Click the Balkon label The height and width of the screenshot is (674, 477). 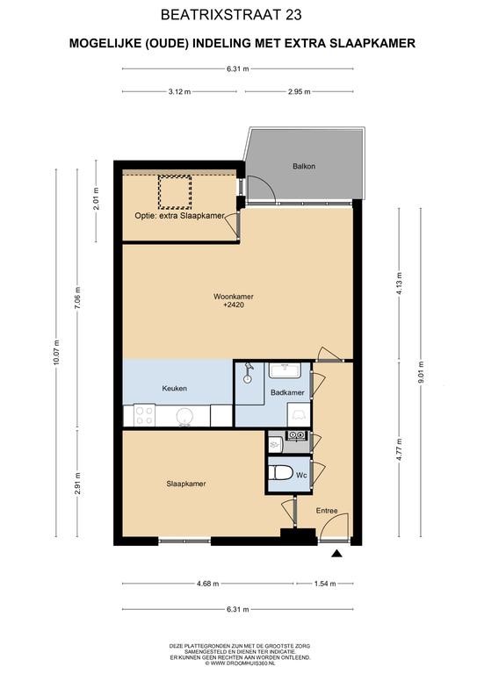pyautogui.click(x=304, y=166)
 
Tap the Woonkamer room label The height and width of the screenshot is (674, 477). pyautogui.click(x=233, y=297)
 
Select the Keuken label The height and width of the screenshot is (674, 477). pyautogui.click(x=174, y=388)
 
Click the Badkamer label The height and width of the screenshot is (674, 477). pyautogui.click(x=287, y=392)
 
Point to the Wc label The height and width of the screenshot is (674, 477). pyautogui.click(x=301, y=475)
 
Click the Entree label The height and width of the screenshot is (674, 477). pyautogui.click(x=327, y=511)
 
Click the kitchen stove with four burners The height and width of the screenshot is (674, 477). pyautogui.click(x=144, y=416)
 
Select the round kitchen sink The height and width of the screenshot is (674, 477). pyautogui.click(x=184, y=417)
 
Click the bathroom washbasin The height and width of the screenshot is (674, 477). pyautogui.click(x=285, y=370)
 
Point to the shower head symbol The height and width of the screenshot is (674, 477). pyautogui.click(x=248, y=373)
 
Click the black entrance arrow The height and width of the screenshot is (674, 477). pyautogui.click(x=336, y=554)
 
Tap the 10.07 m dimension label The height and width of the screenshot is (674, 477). pyautogui.click(x=56, y=353)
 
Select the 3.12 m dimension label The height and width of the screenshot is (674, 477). pyautogui.click(x=179, y=91)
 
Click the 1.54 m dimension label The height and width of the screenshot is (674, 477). pyautogui.click(x=325, y=584)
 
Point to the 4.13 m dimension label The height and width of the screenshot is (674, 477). pyautogui.click(x=399, y=283)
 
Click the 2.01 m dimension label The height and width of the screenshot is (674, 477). pyautogui.click(x=96, y=198)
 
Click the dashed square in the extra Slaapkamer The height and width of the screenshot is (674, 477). pyautogui.click(x=175, y=191)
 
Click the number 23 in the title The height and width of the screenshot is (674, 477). pyautogui.click(x=293, y=15)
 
